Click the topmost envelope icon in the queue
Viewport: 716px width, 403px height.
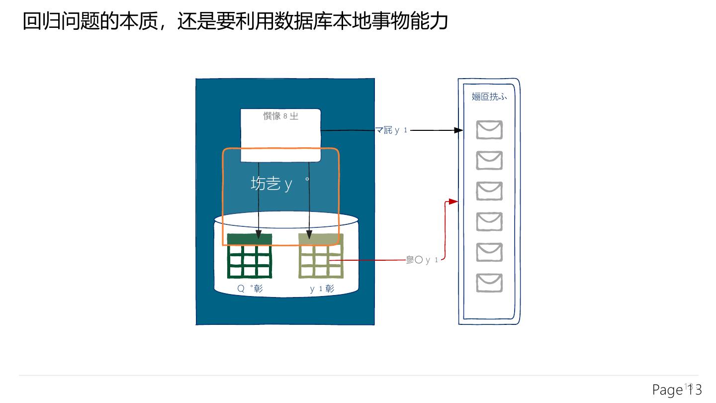coord(489,130)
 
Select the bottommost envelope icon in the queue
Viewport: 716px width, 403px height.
coord(489,283)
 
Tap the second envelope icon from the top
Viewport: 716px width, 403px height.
coord(489,161)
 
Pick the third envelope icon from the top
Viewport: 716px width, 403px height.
coord(489,191)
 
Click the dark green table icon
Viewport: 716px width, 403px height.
coord(250,256)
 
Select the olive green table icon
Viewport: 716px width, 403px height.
coord(321,256)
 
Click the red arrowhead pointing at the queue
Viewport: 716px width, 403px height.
coord(453,201)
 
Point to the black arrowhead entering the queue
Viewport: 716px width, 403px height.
coord(459,130)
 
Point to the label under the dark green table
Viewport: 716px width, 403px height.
coord(250,289)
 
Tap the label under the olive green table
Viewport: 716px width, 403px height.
coord(322,289)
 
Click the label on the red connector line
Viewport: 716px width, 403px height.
coord(422,260)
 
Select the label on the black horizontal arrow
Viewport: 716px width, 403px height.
coord(391,130)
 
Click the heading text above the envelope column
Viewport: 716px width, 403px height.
coord(489,97)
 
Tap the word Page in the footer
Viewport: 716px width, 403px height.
coord(667,390)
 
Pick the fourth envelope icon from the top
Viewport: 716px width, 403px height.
coord(489,222)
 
